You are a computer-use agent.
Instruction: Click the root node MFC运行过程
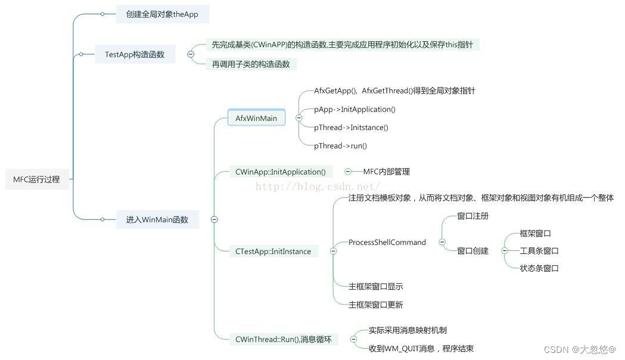point(36,179)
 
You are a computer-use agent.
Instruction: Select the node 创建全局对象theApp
point(162,14)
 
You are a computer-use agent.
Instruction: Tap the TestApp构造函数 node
point(135,55)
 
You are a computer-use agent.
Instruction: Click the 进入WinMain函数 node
point(157,220)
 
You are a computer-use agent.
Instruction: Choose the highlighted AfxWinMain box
point(256,118)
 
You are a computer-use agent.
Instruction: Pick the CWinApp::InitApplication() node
point(281,172)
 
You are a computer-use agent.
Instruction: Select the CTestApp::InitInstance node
point(273,252)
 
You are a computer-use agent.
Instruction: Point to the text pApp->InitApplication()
point(355,110)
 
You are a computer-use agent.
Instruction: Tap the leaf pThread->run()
point(340,146)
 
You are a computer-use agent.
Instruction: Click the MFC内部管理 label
point(386,172)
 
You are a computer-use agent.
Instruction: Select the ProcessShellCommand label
point(387,243)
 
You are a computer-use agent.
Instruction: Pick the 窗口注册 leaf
point(472,216)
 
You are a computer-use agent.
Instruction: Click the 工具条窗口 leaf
point(539,251)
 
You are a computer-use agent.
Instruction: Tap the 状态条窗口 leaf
point(539,268)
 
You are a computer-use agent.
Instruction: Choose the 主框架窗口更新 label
point(375,305)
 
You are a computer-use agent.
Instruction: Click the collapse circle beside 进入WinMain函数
point(214,220)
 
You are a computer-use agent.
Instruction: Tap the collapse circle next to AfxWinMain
point(298,118)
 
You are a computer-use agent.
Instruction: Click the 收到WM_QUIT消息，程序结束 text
point(421,349)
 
